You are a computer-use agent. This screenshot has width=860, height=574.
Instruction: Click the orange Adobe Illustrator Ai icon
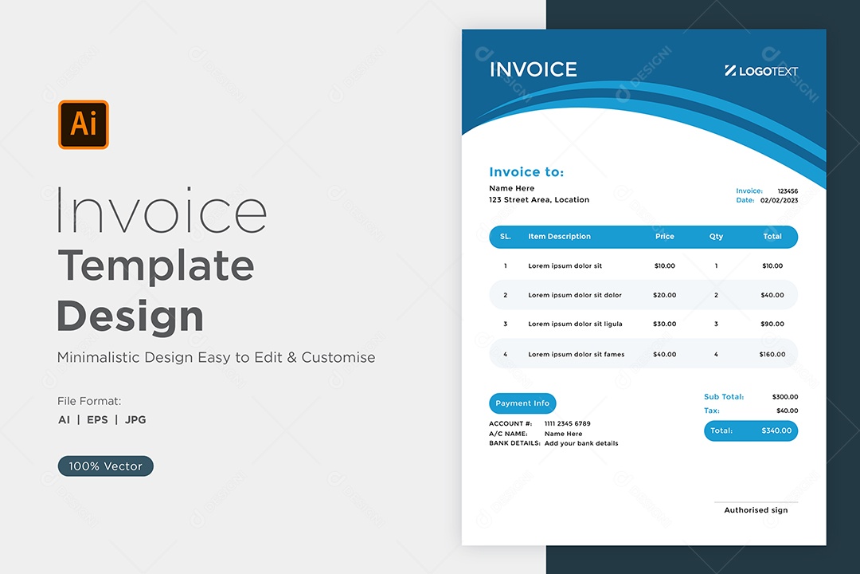(84, 124)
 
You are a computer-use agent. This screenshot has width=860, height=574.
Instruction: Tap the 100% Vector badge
(105, 466)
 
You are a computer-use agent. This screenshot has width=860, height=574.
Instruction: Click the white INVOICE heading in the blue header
(533, 70)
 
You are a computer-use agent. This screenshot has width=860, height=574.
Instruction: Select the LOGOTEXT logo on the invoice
(761, 71)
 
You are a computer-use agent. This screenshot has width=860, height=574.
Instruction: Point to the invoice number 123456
(788, 191)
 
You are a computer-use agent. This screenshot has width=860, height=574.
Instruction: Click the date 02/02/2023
(779, 200)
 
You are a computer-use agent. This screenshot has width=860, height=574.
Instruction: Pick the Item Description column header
(560, 236)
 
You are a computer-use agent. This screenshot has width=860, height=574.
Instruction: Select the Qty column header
(716, 236)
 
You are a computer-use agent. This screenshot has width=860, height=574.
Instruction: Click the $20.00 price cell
(664, 295)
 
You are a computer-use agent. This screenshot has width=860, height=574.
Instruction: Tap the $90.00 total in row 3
(772, 324)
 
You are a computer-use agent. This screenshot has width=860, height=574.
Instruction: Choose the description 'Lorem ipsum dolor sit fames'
(576, 354)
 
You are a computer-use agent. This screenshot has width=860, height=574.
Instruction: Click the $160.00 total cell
(772, 354)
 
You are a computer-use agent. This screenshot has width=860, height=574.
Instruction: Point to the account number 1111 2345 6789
(567, 423)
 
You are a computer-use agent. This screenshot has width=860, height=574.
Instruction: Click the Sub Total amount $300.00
(785, 396)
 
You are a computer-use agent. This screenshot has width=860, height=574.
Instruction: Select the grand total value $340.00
(776, 431)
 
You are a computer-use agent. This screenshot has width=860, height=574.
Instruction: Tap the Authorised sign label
(756, 509)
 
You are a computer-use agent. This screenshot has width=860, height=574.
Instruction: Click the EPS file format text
(97, 419)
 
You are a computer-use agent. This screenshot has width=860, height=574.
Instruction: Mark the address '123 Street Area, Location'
(539, 200)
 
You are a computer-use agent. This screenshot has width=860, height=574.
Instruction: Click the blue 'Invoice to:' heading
(526, 172)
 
